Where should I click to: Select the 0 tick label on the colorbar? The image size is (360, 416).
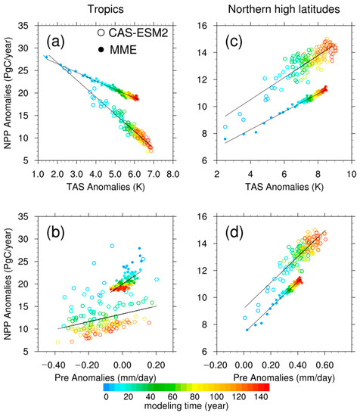106,396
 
